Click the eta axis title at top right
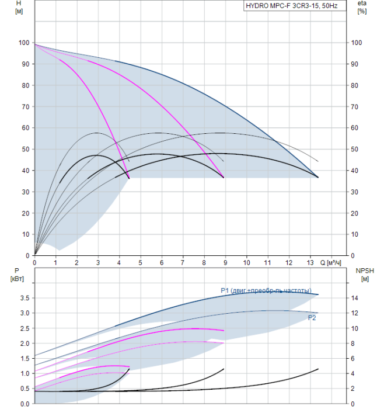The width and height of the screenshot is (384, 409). pyautogui.click(x=361, y=7)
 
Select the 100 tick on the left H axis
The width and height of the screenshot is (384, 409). pyautogui.click(x=23, y=43)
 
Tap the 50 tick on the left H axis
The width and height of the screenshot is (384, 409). pyautogui.click(x=25, y=149)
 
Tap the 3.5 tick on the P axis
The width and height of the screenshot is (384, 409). pyautogui.click(x=24, y=298)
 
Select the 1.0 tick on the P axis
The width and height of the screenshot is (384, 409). pyautogui.click(x=24, y=373)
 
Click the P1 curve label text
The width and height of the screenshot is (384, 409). pyautogui.click(x=266, y=290)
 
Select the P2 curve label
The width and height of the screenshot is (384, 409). pyautogui.click(x=312, y=318)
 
